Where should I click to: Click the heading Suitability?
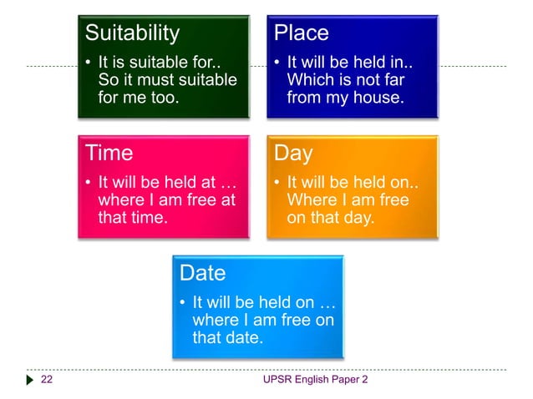(133, 33)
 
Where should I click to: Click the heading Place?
(302, 33)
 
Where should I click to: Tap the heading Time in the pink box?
(109, 154)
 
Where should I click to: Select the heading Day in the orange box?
(294, 154)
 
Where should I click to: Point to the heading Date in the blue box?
(203, 273)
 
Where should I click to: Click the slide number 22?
(47, 381)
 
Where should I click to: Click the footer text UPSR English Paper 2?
(315, 381)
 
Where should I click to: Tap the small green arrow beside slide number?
(29, 381)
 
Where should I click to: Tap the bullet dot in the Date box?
(182, 302)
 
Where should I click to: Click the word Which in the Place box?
(307, 80)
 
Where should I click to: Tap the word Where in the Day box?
(310, 200)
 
